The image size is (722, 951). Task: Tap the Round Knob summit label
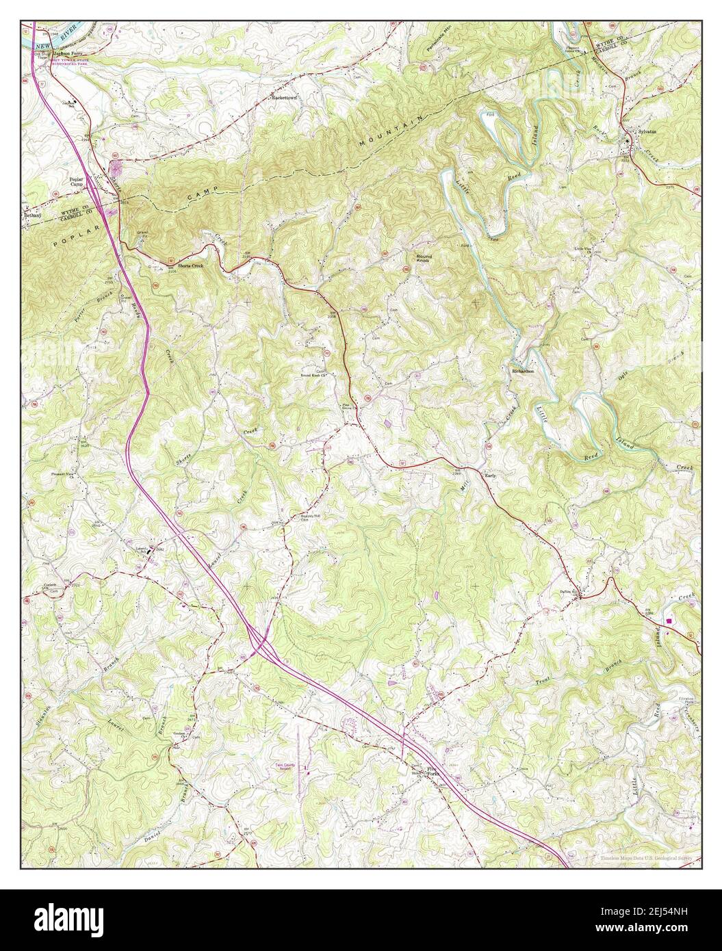[x=424, y=259]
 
